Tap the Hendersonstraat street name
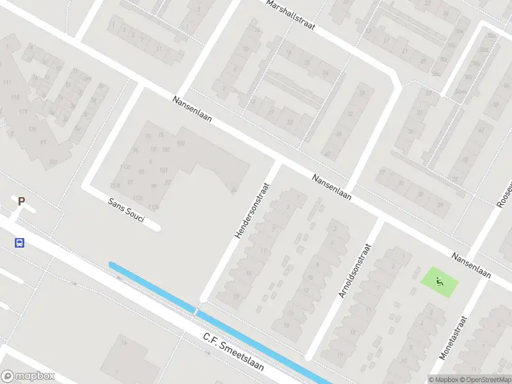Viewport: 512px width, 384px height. pyautogui.click(x=253, y=210)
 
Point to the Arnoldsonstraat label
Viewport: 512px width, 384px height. pyautogui.click(x=356, y=271)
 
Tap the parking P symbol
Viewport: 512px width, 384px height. pyautogui.click(x=21, y=201)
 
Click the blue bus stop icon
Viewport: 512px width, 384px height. pyautogui.click(x=20, y=243)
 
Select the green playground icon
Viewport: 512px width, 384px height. pyautogui.click(x=440, y=280)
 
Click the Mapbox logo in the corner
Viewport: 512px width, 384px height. pyautogui.click(x=28, y=376)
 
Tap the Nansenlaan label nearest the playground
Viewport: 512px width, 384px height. pyautogui.click(x=471, y=265)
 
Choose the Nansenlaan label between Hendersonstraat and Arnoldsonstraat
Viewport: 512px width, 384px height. pyautogui.click(x=332, y=187)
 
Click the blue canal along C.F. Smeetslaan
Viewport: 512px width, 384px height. pyautogui.click(x=218, y=321)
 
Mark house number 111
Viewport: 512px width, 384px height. pyautogui.click(x=7, y=84)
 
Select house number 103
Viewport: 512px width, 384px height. pyautogui.click(x=180, y=143)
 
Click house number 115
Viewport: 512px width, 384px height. pyautogui.click(x=15, y=97)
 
